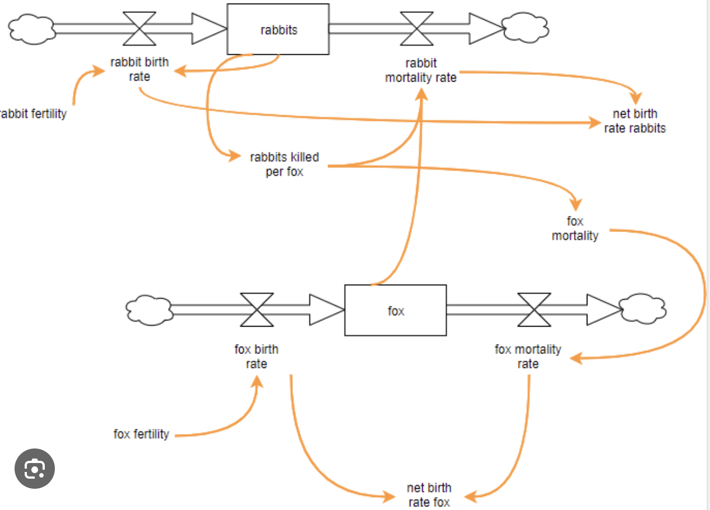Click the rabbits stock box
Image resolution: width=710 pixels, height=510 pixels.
[x=278, y=29]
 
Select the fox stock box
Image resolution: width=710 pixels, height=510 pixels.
[x=395, y=310]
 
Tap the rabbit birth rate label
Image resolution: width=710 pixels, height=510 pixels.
[x=139, y=69]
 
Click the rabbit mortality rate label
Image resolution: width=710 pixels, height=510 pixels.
[x=421, y=70]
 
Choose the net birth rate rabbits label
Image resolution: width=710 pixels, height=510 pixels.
[x=635, y=121]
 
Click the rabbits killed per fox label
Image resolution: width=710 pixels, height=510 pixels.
[x=284, y=164]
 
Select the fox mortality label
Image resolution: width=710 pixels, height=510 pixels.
[x=575, y=229]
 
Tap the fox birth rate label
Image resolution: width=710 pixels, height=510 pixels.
[x=256, y=357]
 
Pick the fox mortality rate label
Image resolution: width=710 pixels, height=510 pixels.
[x=527, y=357]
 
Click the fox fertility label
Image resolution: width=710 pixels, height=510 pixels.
[x=141, y=434]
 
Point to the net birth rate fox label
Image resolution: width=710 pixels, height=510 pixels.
[x=429, y=495]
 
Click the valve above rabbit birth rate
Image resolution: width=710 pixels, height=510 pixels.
[x=139, y=29]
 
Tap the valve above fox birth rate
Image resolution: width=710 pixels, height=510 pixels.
[x=257, y=309]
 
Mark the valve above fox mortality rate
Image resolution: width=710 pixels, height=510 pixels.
[x=534, y=309]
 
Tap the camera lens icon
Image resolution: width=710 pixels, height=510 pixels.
[x=34, y=469]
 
